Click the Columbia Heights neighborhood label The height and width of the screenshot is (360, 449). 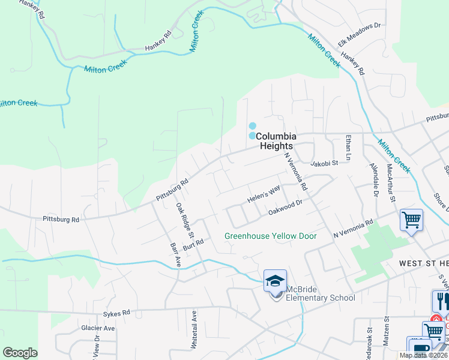[x=276, y=141]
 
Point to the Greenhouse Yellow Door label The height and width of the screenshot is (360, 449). [x=270, y=236]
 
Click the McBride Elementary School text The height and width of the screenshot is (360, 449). [x=320, y=294]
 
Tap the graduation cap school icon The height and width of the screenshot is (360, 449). [x=275, y=281]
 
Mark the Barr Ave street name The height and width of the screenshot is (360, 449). [x=175, y=254]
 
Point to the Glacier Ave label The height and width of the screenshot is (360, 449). [x=98, y=328]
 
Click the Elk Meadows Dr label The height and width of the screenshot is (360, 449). [x=360, y=34]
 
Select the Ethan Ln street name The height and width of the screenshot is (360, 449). [x=348, y=148]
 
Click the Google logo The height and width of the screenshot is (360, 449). [x=20, y=352]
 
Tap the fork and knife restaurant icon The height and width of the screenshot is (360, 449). [x=441, y=300]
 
